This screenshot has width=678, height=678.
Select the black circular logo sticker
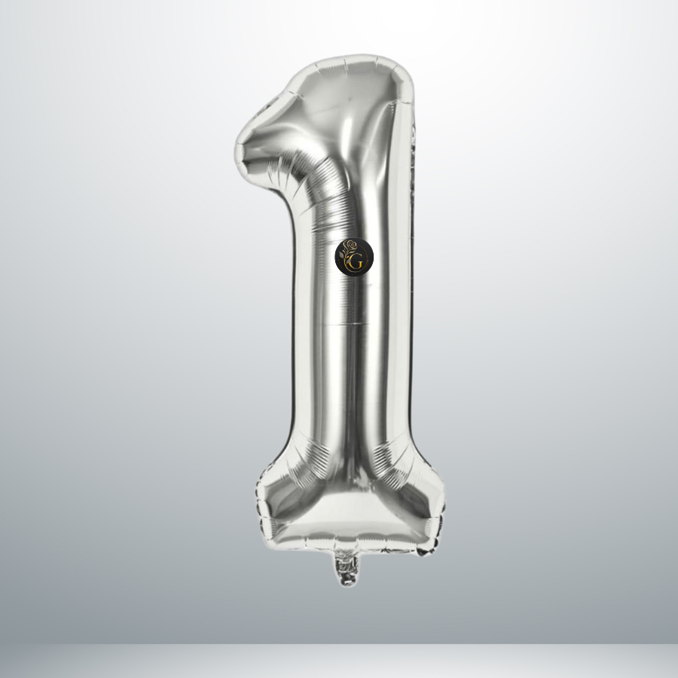pos(354,257)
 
